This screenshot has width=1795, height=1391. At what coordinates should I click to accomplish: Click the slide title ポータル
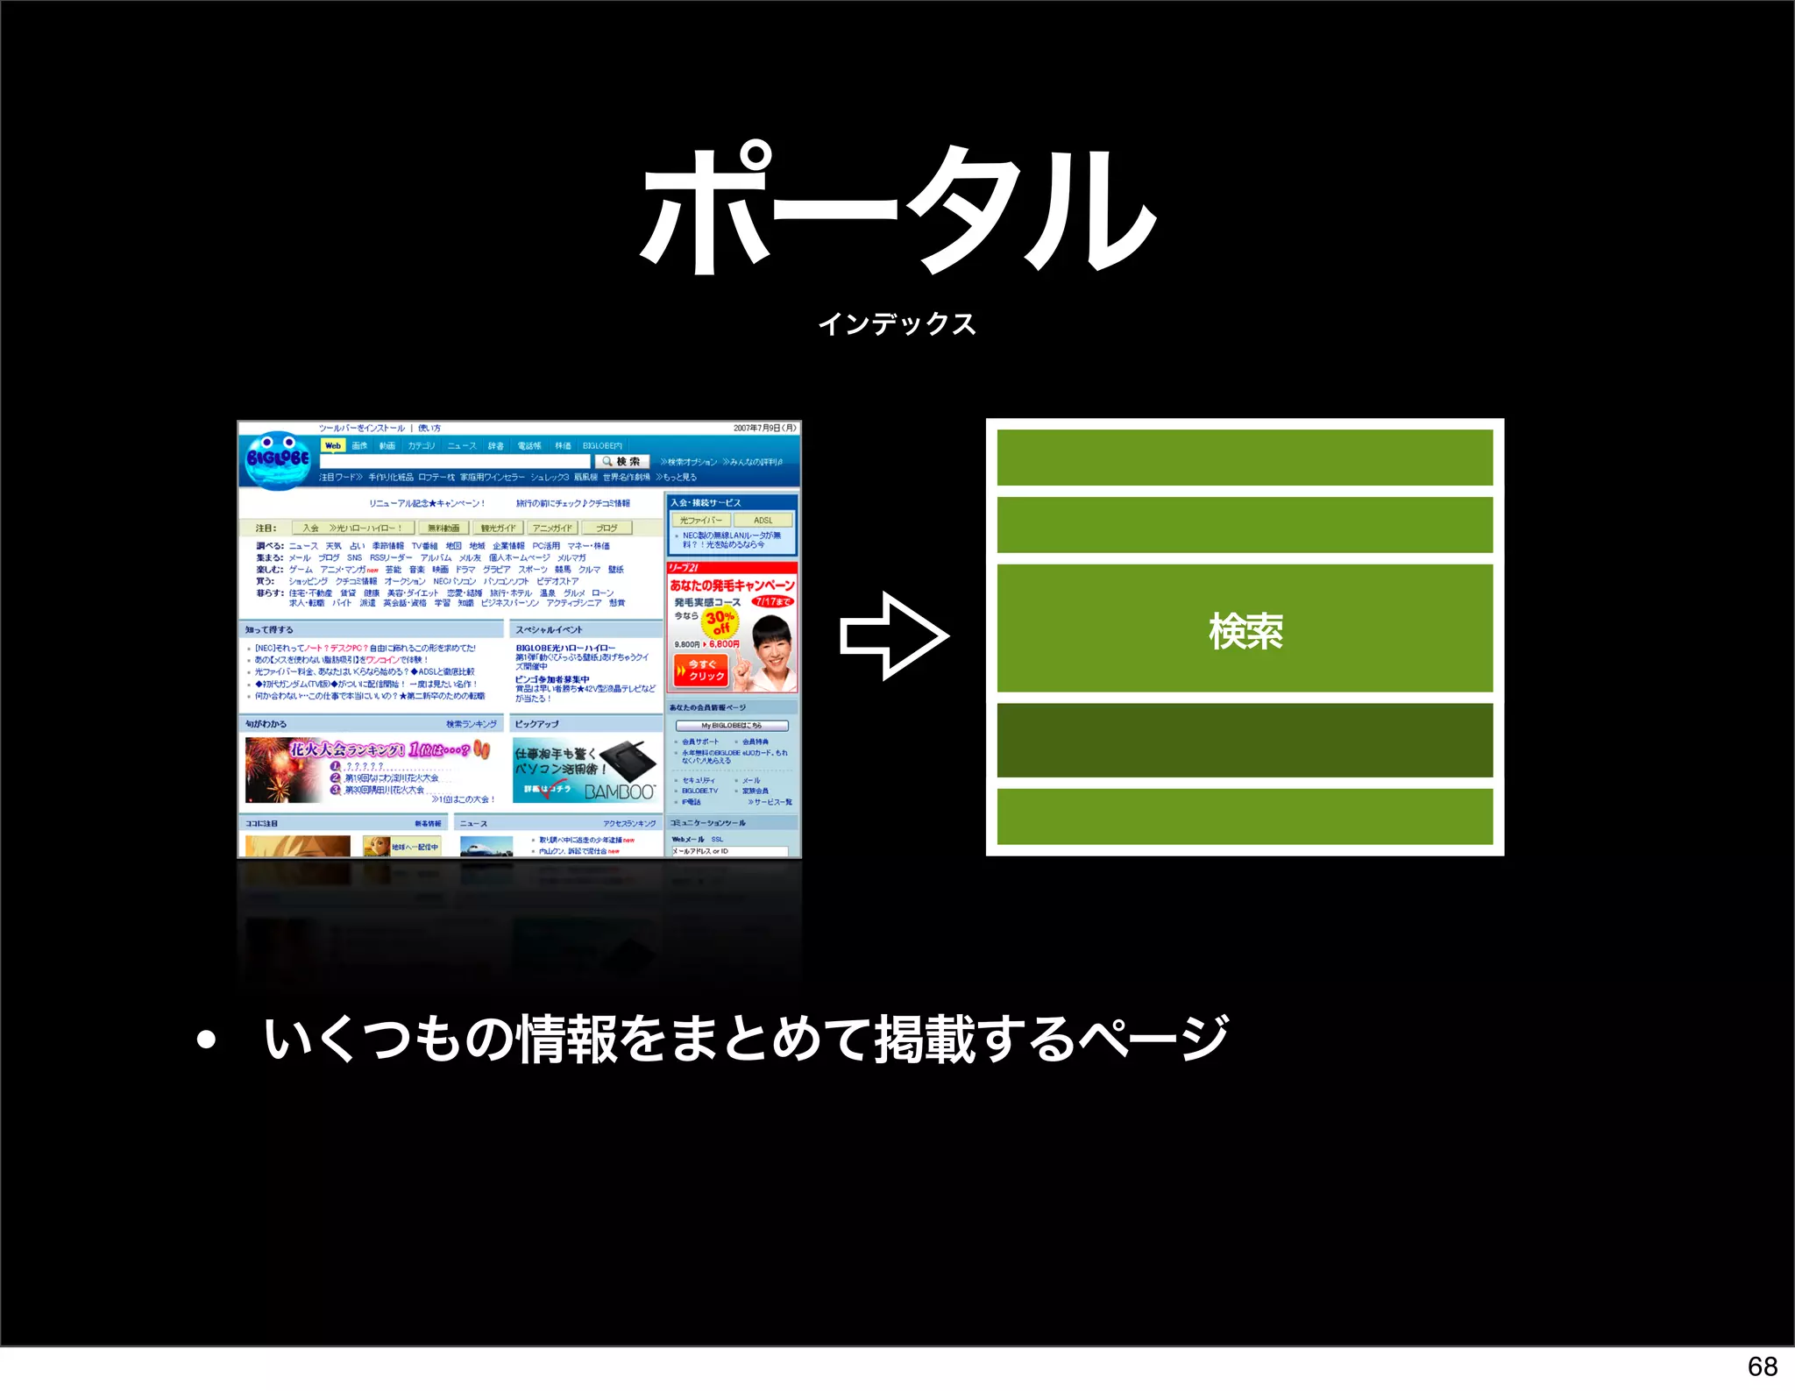click(897, 210)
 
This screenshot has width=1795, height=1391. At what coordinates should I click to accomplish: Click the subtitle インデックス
click(897, 324)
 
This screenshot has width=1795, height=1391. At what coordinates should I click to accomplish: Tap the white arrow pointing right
click(893, 635)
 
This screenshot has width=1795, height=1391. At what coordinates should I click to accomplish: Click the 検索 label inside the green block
click(1245, 631)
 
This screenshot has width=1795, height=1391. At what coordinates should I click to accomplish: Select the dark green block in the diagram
click(1245, 740)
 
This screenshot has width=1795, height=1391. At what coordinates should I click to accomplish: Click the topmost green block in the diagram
click(1245, 457)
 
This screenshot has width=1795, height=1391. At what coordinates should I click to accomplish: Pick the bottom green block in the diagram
click(1245, 816)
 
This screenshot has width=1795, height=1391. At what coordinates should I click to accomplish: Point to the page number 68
click(1762, 1366)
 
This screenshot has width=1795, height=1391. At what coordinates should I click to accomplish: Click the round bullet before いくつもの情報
click(207, 1040)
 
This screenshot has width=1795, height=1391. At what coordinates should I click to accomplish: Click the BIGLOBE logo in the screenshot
click(278, 458)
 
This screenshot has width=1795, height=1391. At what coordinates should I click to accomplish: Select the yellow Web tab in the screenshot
click(333, 445)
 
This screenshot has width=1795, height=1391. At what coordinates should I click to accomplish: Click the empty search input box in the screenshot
click(456, 461)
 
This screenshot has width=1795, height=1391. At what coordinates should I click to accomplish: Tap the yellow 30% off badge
click(720, 621)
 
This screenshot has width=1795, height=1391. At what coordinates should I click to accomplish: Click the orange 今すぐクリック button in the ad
click(701, 671)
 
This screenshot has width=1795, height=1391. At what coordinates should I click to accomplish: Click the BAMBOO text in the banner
click(619, 791)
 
